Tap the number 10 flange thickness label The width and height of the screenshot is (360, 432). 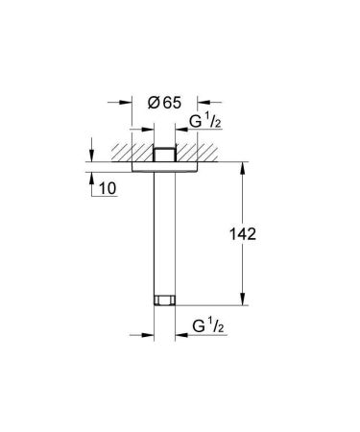pos(106,189)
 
